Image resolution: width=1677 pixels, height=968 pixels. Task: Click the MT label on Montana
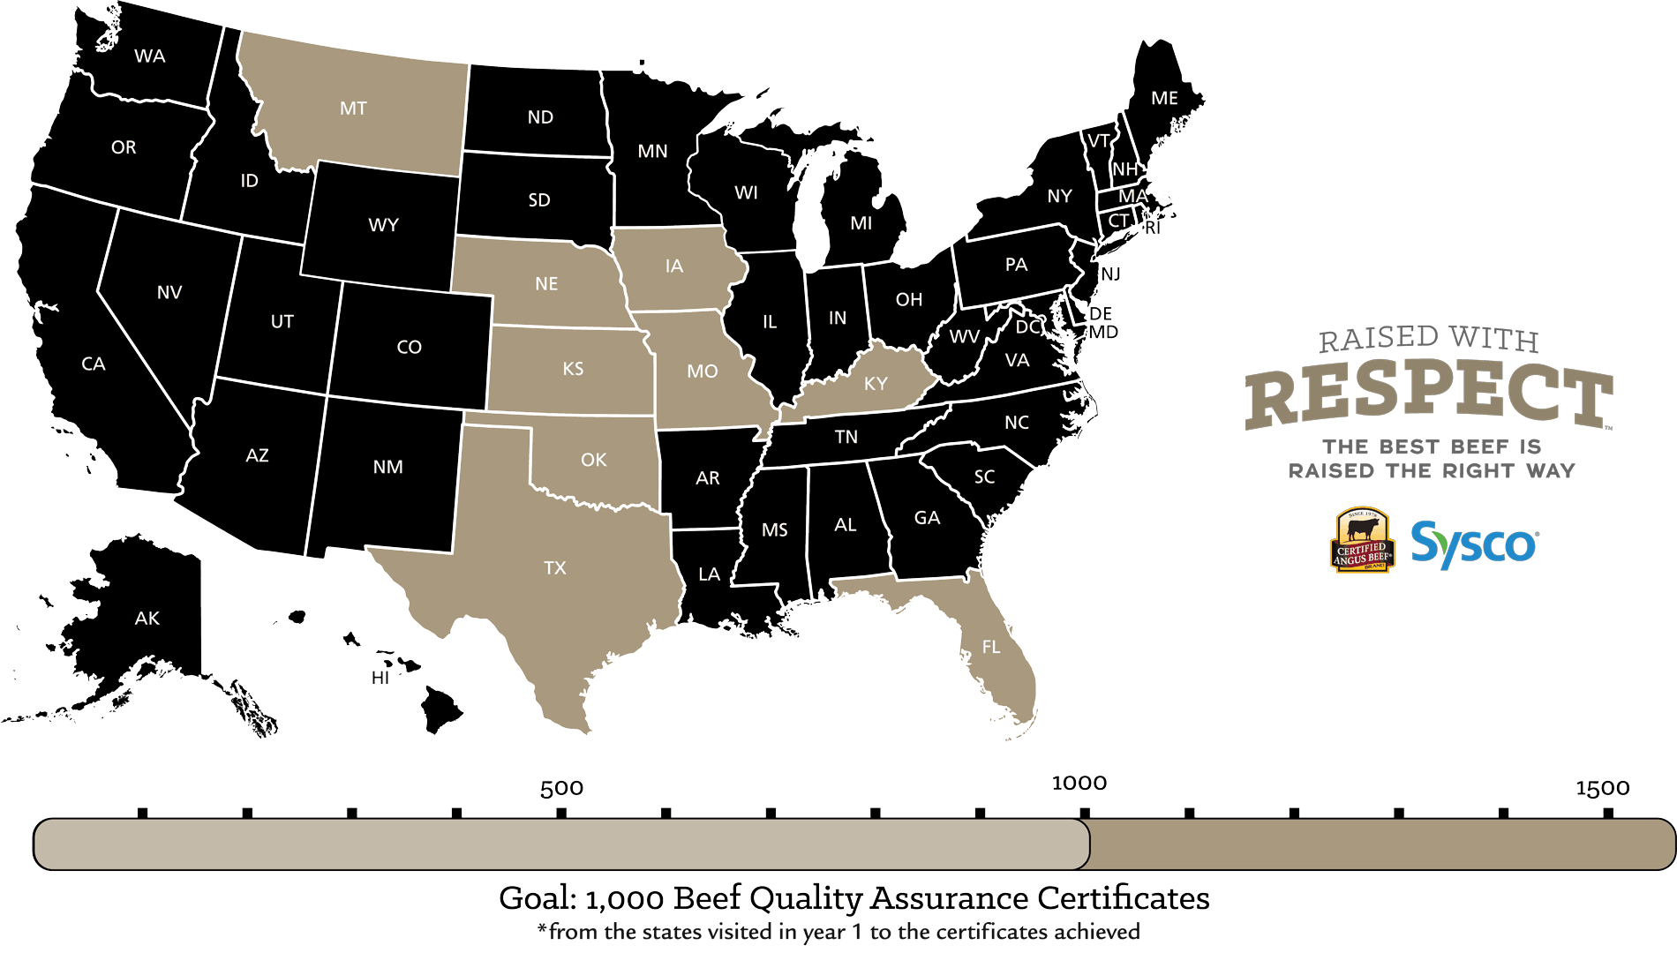pos(353,109)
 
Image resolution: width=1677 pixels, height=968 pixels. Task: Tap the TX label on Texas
pos(554,568)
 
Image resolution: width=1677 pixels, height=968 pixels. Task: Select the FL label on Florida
pos(991,648)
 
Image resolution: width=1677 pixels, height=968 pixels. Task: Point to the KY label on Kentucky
pos(876,384)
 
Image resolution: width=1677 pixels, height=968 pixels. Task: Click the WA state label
pos(150,56)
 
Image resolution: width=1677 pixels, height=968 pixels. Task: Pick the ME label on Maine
pos(1164,99)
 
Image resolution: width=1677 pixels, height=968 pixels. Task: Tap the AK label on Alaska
pos(147,619)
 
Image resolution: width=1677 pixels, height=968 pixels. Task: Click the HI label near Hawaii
pos(380,678)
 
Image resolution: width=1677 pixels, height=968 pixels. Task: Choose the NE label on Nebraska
pos(546,284)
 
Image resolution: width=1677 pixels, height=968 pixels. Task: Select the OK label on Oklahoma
pos(594,460)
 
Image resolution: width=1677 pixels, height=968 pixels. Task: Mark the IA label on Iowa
pos(674,266)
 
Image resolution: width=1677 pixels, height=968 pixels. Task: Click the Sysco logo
pos(1474,544)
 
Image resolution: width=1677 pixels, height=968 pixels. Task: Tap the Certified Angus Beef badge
pos(1362,541)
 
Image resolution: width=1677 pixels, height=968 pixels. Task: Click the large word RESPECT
pos(1428,396)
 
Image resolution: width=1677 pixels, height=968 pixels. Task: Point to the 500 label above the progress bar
pos(561,788)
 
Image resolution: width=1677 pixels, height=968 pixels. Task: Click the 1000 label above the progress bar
pos(1079,784)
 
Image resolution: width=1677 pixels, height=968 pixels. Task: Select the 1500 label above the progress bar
pos(1603,788)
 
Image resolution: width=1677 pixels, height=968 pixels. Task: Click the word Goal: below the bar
pos(538,898)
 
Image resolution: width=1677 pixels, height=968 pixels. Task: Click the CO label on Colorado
pos(409,348)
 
